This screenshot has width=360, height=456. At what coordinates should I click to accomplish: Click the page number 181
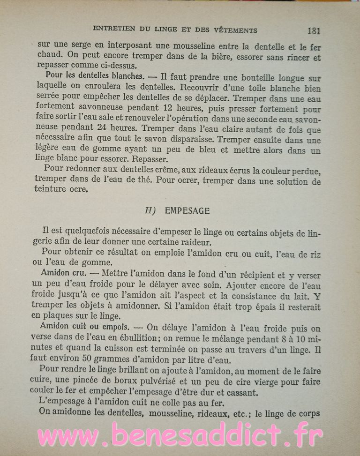[x=314, y=31]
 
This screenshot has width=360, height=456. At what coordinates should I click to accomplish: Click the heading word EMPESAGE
[x=187, y=211]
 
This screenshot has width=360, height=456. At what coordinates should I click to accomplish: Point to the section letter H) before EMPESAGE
[x=150, y=211]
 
